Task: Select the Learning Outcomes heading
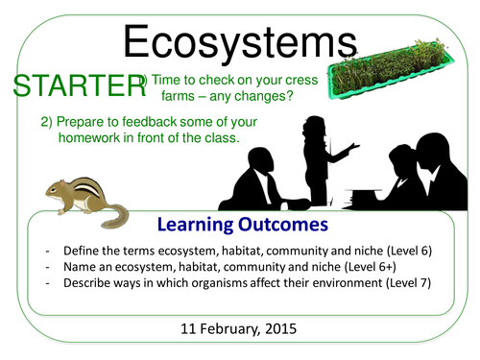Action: point(240,224)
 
